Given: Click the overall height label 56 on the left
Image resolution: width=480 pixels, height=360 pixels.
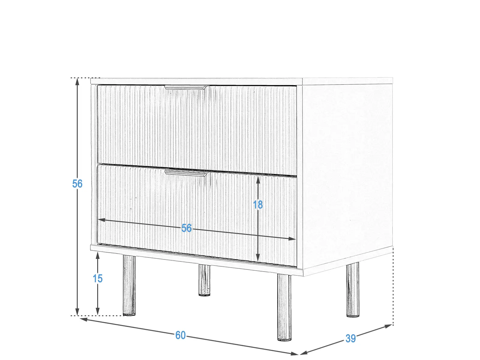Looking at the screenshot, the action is [77, 184].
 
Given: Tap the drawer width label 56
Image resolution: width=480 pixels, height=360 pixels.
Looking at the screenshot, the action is [186, 228].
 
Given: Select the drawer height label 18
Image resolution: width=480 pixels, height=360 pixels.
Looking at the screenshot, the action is [258, 205].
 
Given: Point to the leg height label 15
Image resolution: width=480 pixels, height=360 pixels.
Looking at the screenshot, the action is [97, 278].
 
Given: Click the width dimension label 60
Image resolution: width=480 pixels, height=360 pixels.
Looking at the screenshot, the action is [181, 335].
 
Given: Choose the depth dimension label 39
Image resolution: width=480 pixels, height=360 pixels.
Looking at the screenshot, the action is [350, 338].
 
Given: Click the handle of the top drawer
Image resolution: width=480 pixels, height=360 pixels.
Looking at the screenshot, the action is [185, 87].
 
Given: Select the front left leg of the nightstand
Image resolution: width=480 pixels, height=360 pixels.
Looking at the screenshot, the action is [129, 286].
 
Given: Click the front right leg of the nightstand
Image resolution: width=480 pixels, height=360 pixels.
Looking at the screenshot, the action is [284, 307].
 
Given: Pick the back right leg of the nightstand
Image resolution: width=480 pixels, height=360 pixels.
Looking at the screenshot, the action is [353, 289].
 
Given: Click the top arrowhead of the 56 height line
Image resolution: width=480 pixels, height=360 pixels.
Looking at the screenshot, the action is [77, 81].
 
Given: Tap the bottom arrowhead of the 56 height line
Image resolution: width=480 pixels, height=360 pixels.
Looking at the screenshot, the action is [77, 312].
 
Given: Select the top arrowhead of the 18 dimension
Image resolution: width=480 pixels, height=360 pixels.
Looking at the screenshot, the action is [258, 180].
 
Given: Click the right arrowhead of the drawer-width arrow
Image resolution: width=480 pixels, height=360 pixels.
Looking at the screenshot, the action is [292, 239].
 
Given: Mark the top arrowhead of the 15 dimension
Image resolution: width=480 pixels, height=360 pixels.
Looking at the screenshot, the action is [97, 255].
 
